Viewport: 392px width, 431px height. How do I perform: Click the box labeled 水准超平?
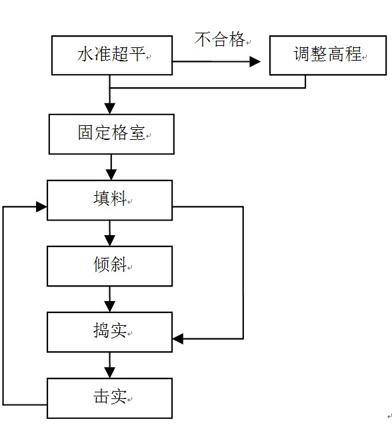click(x=112, y=55)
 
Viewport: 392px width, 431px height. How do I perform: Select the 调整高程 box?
click(x=327, y=55)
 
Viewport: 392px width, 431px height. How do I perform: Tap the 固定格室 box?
click(x=111, y=133)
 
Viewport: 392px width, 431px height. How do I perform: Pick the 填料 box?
click(x=109, y=199)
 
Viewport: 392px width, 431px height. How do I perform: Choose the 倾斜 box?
click(x=109, y=266)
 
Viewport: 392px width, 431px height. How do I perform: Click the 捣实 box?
click(x=109, y=331)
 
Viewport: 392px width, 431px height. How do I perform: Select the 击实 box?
click(x=109, y=398)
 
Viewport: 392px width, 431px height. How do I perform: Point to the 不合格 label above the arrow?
click(x=220, y=40)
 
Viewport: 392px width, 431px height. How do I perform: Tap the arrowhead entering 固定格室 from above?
click(x=111, y=109)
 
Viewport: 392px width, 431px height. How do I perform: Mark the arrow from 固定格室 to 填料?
click(x=111, y=167)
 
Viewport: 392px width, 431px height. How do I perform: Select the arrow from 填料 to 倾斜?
click(x=111, y=233)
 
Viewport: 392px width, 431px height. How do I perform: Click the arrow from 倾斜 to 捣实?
click(x=111, y=299)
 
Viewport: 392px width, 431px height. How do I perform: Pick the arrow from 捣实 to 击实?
click(x=111, y=365)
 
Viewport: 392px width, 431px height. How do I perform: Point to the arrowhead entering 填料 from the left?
click(x=41, y=207)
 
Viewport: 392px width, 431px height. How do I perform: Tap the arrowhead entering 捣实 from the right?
click(x=178, y=339)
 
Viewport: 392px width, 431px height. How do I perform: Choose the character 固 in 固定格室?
click(x=85, y=133)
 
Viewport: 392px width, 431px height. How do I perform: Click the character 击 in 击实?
click(x=101, y=398)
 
